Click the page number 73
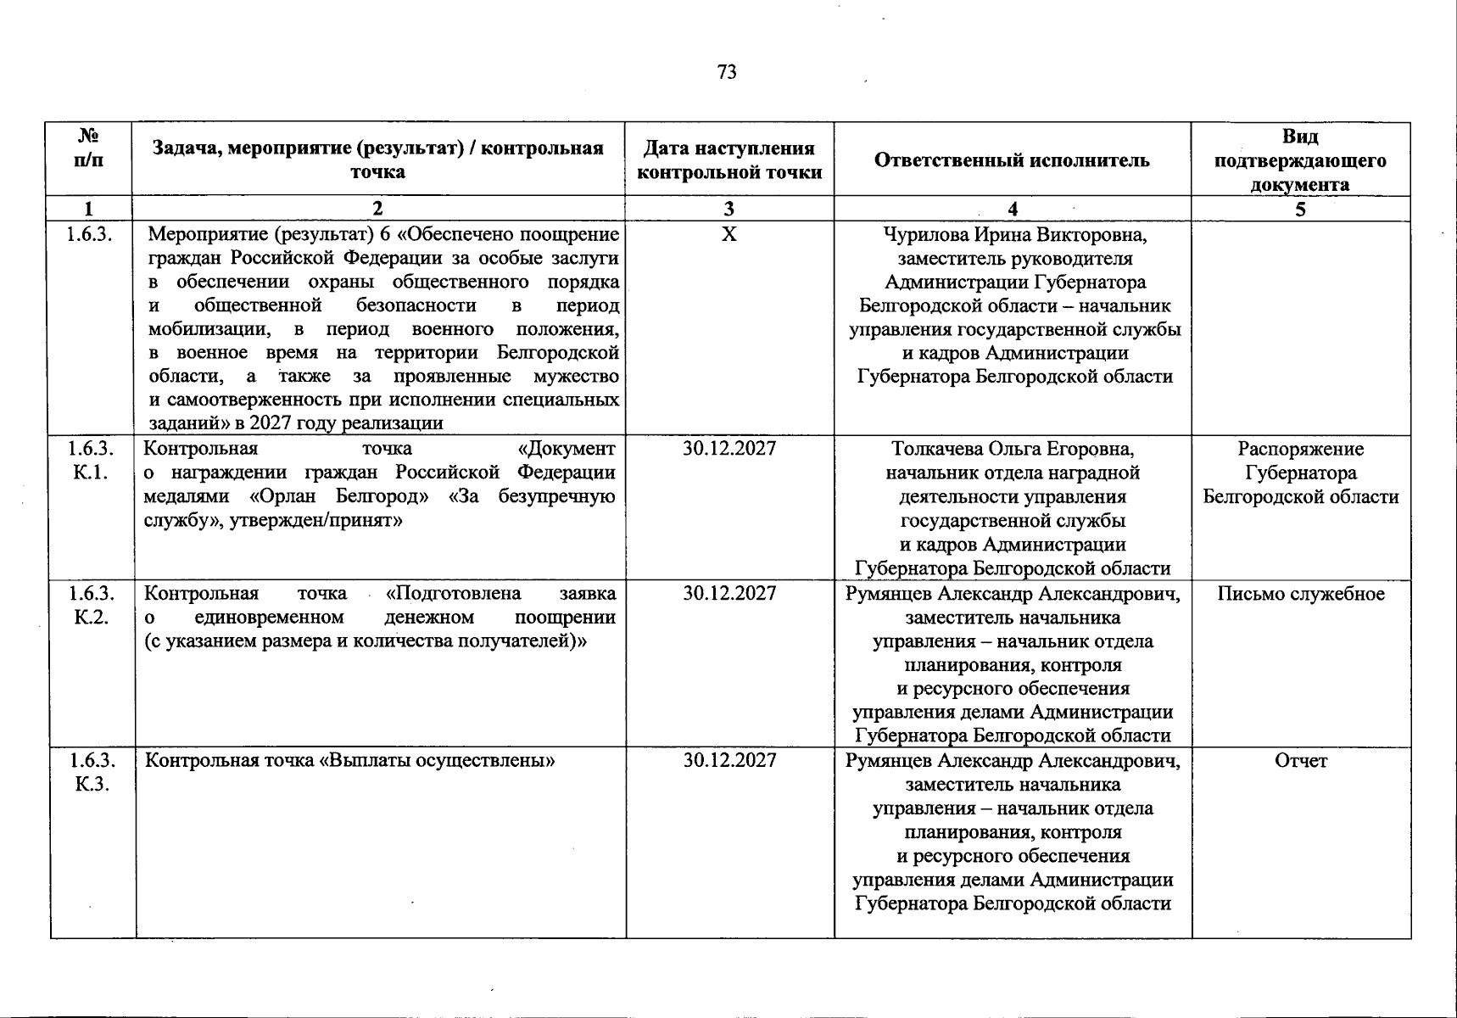[x=727, y=72]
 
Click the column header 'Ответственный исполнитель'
[x=1012, y=160]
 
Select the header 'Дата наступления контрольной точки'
[x=729, y=160]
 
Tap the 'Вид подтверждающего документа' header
[x=1300, y=160]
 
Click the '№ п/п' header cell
[x=90, y=148]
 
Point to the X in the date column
[x=728, y=234]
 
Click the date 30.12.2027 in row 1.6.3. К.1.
[x=729, y=449]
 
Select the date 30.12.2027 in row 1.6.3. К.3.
[x=729, y=760]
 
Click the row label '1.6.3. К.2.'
[x=91, y=605]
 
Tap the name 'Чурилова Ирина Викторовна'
[x=1015, y=234]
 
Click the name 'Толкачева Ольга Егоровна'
[x=1013, y=449]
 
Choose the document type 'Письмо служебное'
[x=1300, y=594]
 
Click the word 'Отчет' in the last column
[x=1300, y=761]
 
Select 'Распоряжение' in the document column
[x=1300, y=449]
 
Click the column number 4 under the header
[x=1013, y=210]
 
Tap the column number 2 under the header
[x=377, y=210]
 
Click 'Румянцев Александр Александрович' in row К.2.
[x=1013, y=594]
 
